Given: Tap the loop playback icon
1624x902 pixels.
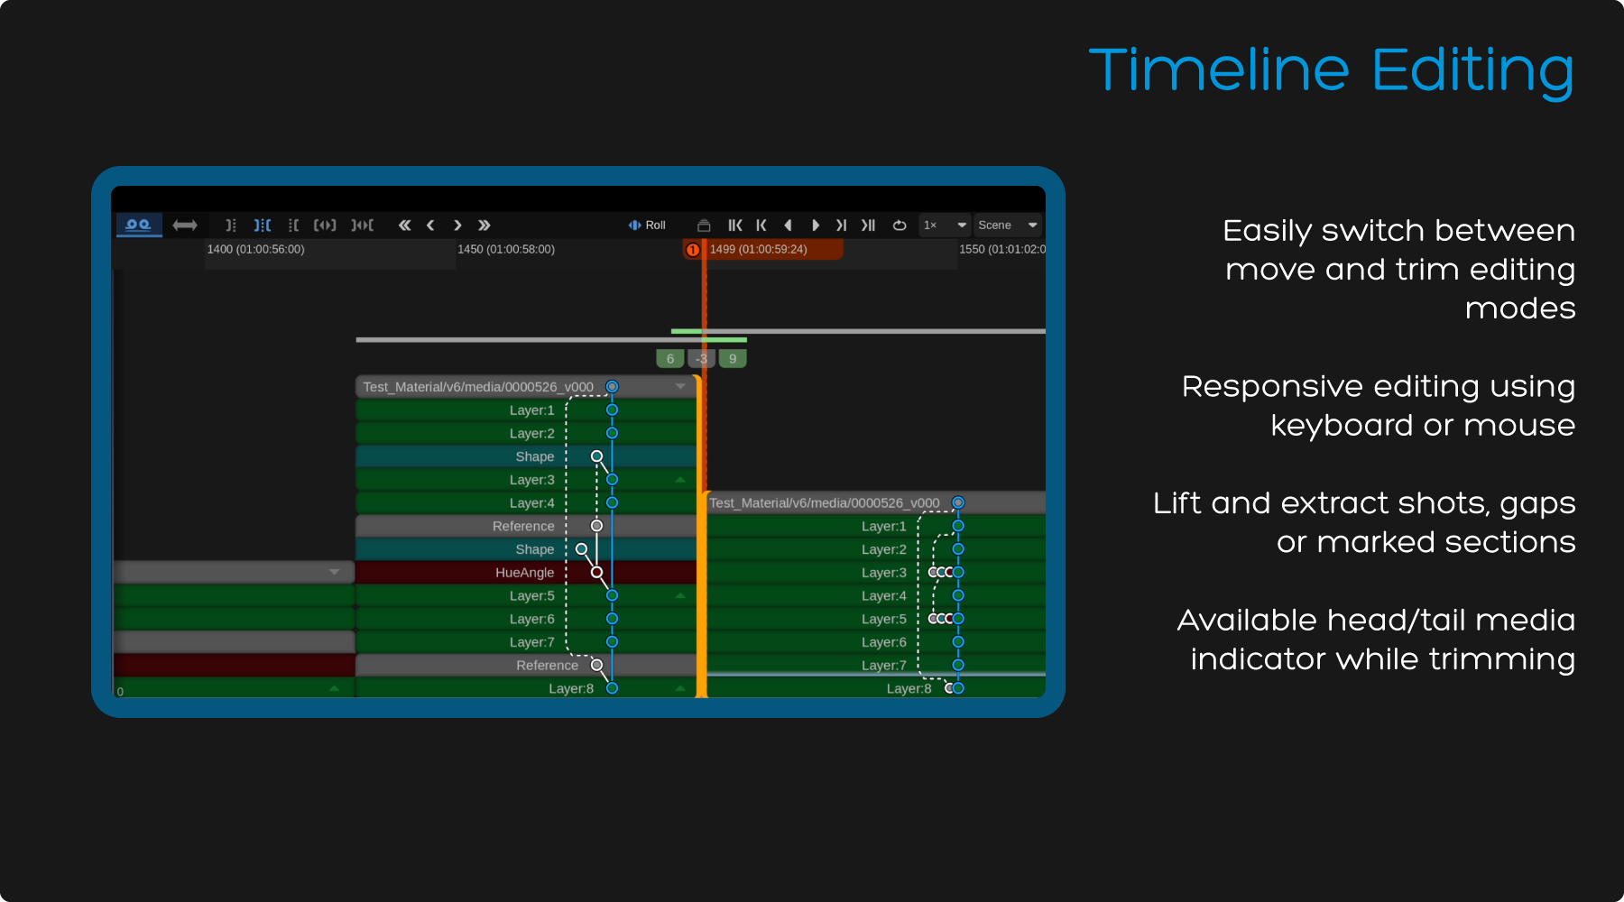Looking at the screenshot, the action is [x=900, y=225].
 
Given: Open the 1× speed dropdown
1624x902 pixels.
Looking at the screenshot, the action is [x=945, y=225].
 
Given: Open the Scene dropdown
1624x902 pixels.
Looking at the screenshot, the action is [x=1008, y=225].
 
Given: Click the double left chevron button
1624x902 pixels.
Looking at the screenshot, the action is [x=404, y=225].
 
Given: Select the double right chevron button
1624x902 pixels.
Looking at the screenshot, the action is [x=484, y=225].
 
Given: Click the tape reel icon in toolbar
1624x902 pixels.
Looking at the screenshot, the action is [x=138, y=224].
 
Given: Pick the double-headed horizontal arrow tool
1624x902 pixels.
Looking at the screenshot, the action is [x=185, y=225].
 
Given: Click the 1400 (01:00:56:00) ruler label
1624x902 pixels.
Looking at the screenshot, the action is [x=255, y=249].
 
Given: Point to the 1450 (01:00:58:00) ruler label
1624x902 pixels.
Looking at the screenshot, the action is [x=506, y=249].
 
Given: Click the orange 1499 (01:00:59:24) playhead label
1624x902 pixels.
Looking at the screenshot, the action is [x=758, y=249].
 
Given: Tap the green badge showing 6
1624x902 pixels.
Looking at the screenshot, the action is [x=669, y=358].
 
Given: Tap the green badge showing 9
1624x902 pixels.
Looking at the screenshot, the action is [x=733, y=358].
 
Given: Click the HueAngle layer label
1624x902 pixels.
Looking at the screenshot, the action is [x=525, y=572].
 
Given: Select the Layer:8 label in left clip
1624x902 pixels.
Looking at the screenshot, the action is [x=571, y=688].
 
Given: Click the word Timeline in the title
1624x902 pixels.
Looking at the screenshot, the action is [x=1219, y=70].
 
